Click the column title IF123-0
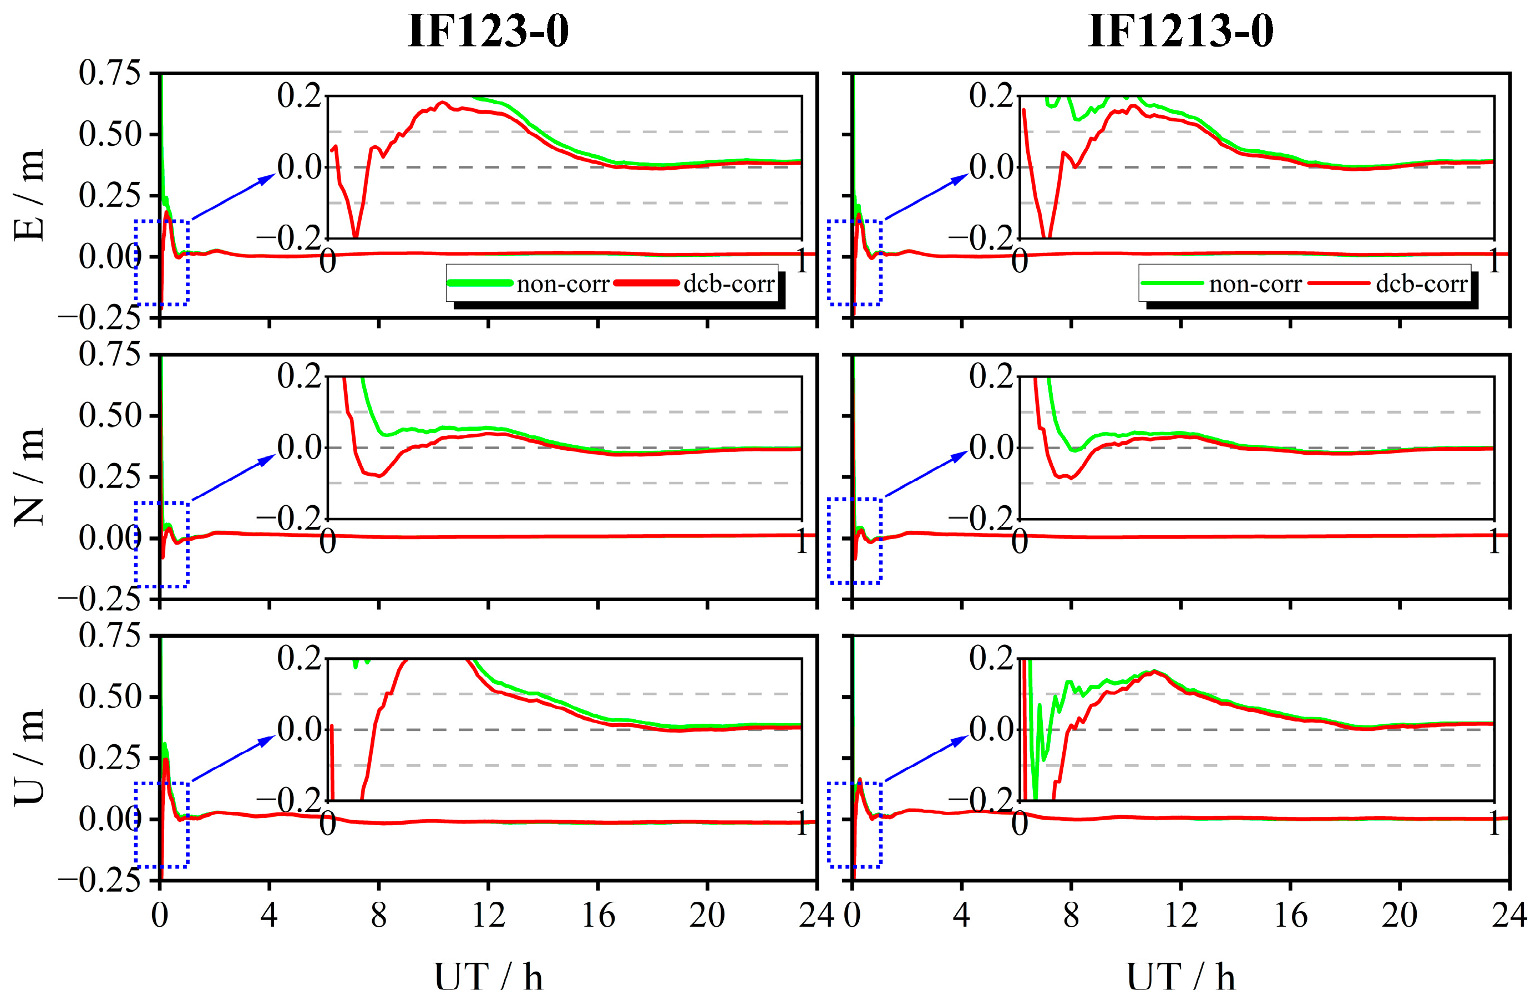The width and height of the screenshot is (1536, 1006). click(488, 31)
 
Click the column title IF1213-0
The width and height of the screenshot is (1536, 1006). click(1180, 31)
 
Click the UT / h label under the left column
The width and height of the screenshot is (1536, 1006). click(488, 975)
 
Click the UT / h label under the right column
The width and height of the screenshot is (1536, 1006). click(1180, 975)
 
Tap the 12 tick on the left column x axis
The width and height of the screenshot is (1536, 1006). click(488, 915)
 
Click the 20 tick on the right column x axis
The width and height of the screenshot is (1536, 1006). click(1399, 915)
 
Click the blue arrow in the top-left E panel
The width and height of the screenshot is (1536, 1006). click(234, 197)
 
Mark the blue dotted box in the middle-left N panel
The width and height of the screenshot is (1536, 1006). click(161, 544)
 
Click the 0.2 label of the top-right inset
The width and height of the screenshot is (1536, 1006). click(991, 96)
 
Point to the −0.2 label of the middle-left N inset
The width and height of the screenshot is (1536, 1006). click(289, 517)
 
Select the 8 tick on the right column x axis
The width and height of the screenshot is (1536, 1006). click(1071, 915)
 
